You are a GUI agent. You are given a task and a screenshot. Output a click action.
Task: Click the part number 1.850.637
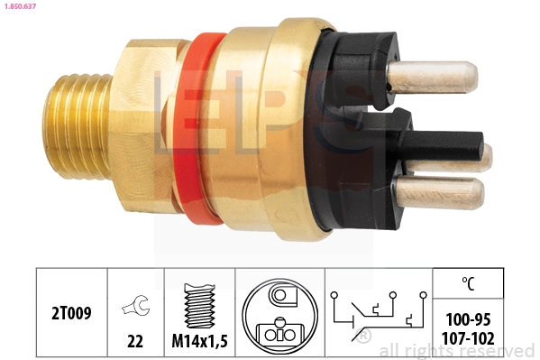20,7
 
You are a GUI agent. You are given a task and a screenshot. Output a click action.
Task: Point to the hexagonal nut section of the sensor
144,126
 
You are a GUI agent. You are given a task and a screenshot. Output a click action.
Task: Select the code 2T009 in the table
71,315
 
